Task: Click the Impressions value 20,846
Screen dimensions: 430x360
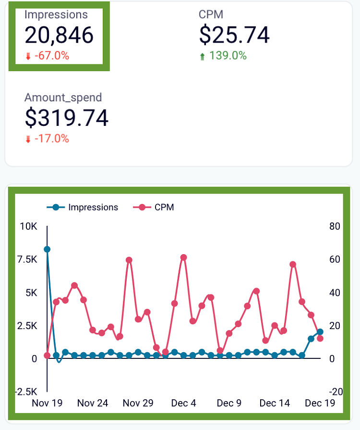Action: pyautogui.click(x=59, y=35)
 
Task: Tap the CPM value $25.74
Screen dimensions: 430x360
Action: pyautogui.click(x=234, y=35)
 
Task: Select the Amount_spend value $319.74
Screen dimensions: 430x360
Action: pyautogui.click(x=66, y=118)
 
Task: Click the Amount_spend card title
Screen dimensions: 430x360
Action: pyautogui.click(x=63, y=98)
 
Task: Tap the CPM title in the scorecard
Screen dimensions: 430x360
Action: pyautogui.click(x=211, y=14)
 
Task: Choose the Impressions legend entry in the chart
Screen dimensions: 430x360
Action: pyautogui.click(x=83, y=208)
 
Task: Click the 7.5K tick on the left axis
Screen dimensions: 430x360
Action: pyautogui.click(x=27, y=259)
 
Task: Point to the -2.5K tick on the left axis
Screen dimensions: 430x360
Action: pyautogui.click(x=26, y=392)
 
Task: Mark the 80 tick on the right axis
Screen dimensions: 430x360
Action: pyautogui.click(x=335, y=226)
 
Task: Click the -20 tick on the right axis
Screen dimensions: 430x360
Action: pyautogui.click(x=336, y=392)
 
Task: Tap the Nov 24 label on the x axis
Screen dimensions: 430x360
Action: pyautogui.click(x=92, y=403)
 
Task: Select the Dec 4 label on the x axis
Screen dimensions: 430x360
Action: pyautogui.click(x=183, y=403)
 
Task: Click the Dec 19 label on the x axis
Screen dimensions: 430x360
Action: pyautogui.click(x=320, y=403)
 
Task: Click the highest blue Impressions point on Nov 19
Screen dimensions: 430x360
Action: pyautogui.click(x=47, y=249)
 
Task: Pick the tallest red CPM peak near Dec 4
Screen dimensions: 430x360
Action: pyautogui.click(x=183, y=258)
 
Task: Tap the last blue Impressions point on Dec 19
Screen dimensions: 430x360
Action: pyautogui.click(x=320, y=332)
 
